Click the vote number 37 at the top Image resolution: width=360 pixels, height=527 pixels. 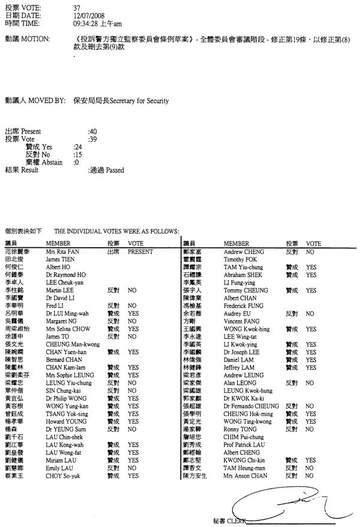(x=76, y=7)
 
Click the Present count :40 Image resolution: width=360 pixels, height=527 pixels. (x=92, y=130)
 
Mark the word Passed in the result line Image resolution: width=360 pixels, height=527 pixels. (x=115, y=170)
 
